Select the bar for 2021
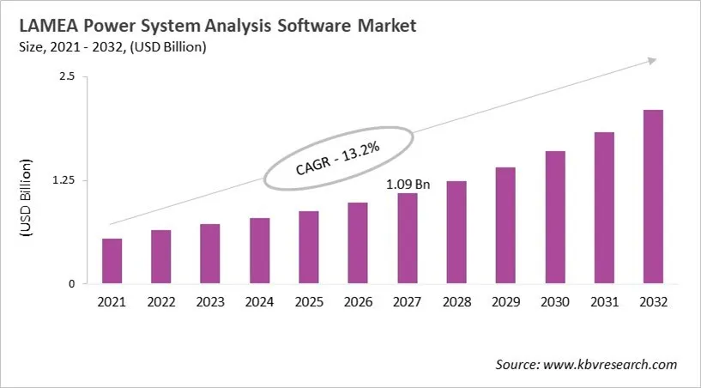click(112, 261)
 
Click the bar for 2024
click(259, 251)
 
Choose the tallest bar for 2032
click(653, 197)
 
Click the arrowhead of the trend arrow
click(652, 61)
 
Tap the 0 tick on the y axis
click(72, 284)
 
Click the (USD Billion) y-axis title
click(27, 198)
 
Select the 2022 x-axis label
click(160, 302)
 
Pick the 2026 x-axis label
click(358, 302)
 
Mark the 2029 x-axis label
click(505, 302)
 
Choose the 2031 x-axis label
click(604, 302)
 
